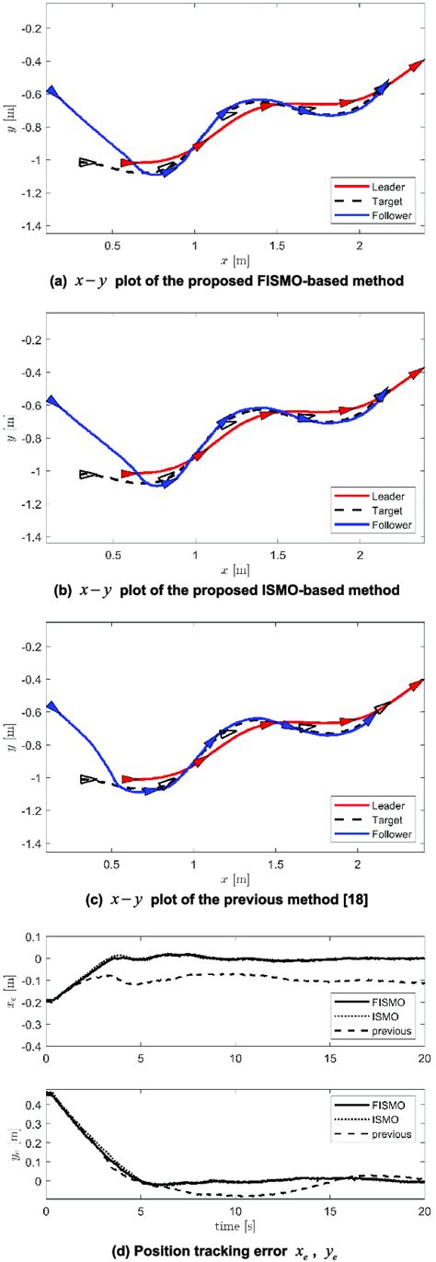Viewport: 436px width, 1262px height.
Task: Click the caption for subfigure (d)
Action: click(217, 1245)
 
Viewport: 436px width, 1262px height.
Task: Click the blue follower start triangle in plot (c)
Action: click(52, 706)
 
